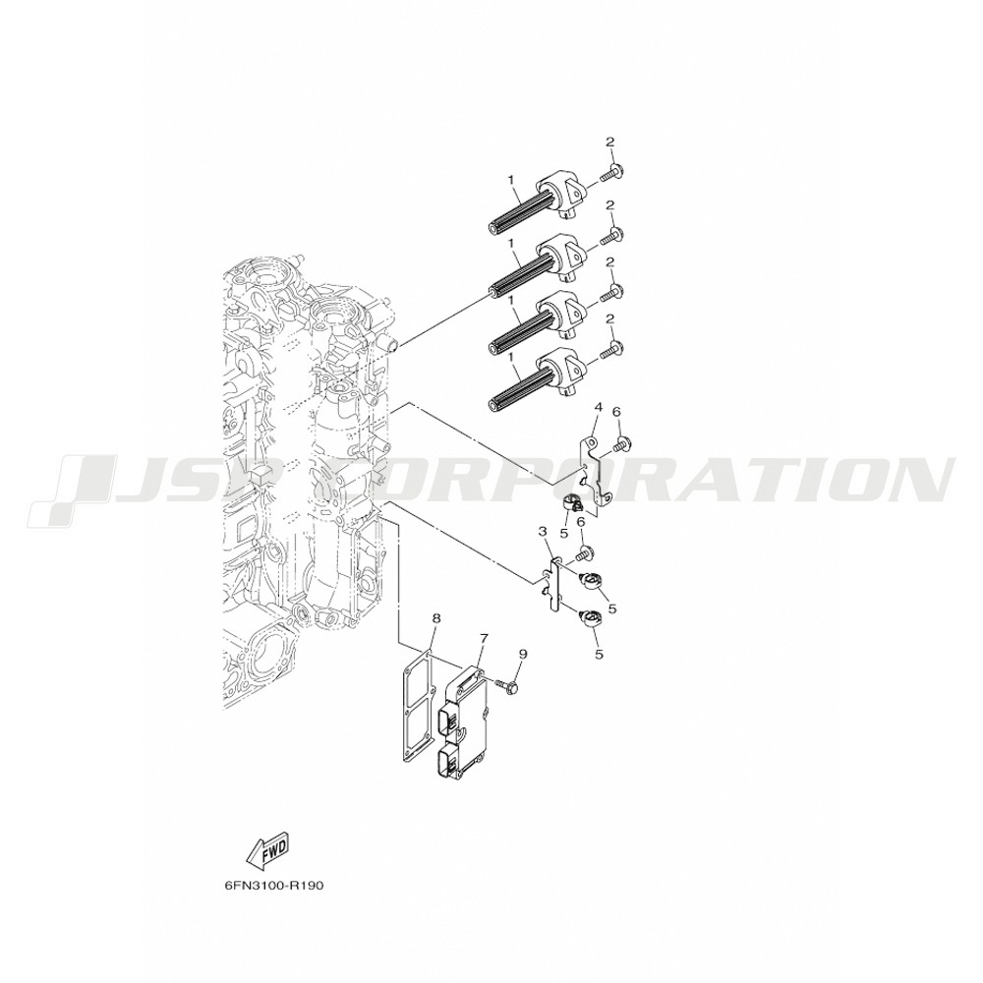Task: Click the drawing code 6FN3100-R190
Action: pyautogui.click(x=273, y=887)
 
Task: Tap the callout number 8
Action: pyautogui.click(x=436, y=618)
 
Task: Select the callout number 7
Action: pyautogui.click(x=484, y=638)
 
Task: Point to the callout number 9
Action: pyautogui.click(x=523, y=654)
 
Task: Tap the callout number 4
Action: pyautogui.click(x=598, y=408)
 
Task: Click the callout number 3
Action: pyautogui.click(x=543, y=532)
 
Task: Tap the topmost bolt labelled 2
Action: pyautogui.click(x=611, y=173)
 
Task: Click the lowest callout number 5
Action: pyautogui.click(x=599, y=655)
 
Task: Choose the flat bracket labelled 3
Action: pyautogui.click(x=551, y=584)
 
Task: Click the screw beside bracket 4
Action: pyautogui.click(x=622, y=444)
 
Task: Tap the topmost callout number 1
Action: pyautogui.click(x=511, y=179)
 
